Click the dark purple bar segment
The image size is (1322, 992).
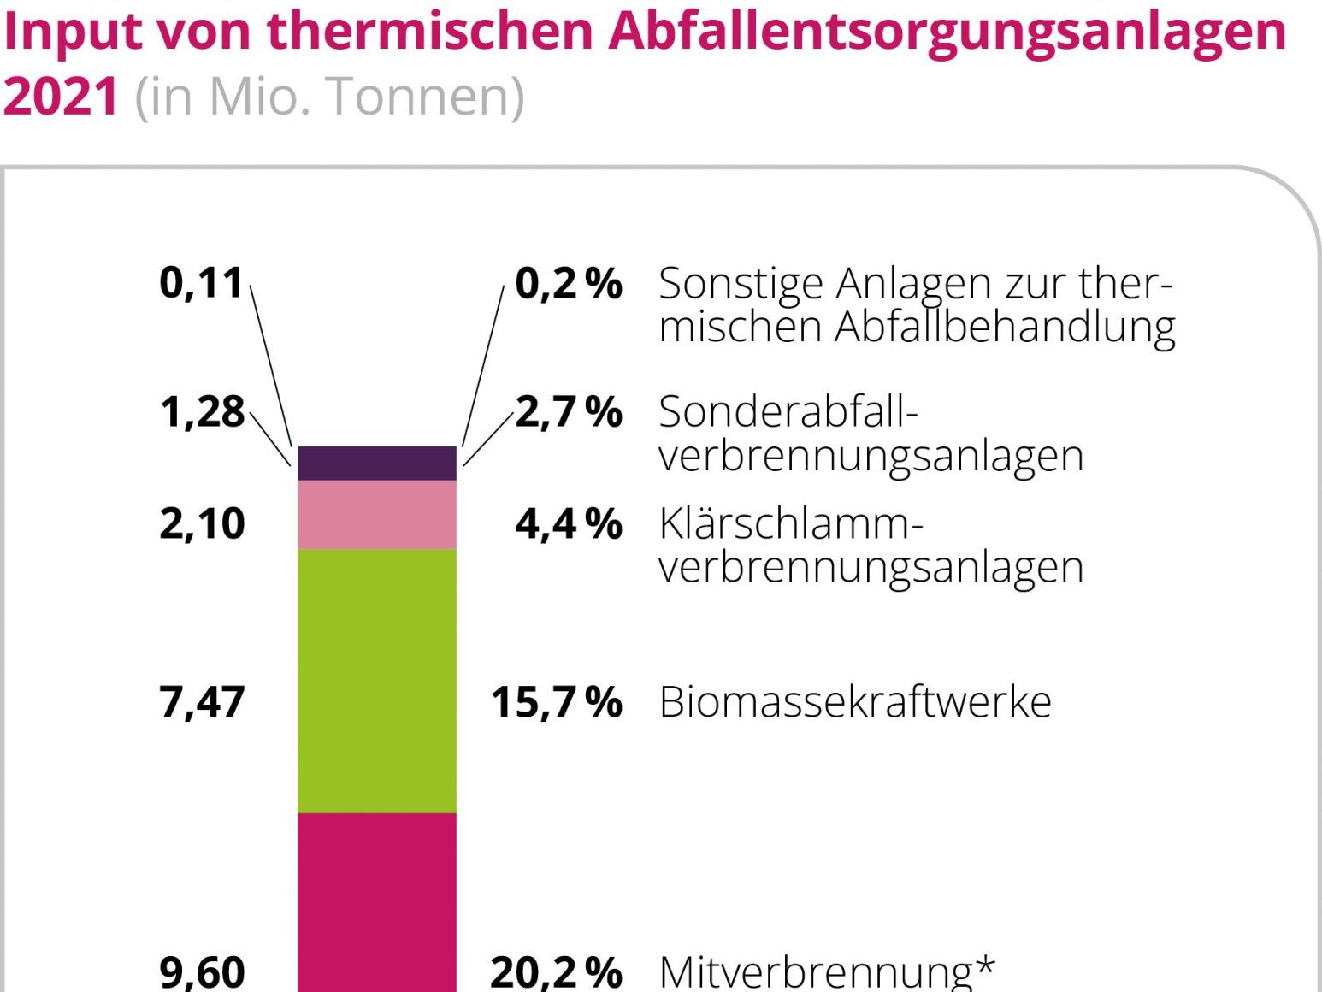coord(376,464)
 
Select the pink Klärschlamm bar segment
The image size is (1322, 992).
coord(376,515)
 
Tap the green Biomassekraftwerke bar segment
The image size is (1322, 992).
coord(376,681)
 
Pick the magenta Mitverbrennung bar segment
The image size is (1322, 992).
coord(376,902)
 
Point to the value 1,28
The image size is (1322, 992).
coord(202,412)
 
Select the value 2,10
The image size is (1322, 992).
coord(202,523)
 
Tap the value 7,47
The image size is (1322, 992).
coord(202,702)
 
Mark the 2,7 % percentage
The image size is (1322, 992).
coord(569,412)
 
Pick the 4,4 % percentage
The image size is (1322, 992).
coord(569,523)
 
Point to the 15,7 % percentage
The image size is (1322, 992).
coord(557,702)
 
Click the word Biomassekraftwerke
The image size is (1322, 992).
coord(855,702)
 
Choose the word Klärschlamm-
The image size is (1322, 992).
coord(791,523)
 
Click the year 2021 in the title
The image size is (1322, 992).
coord(60,96)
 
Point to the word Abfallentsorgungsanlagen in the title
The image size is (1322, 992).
coord(947,32)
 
